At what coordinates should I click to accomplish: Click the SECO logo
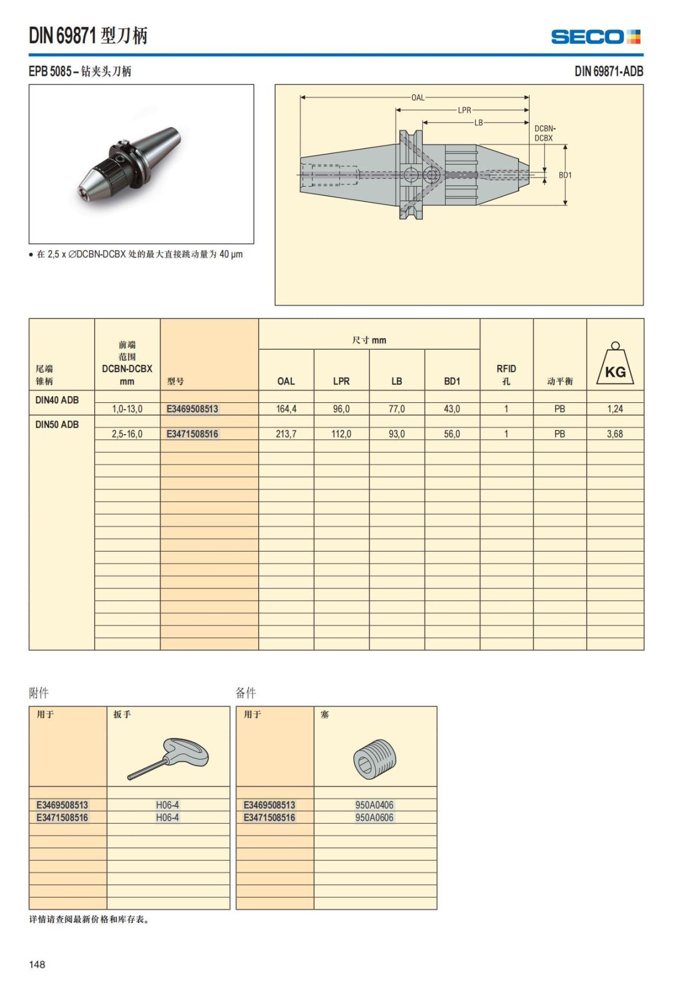tap(595, 37)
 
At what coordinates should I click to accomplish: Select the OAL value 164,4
tap(286, 409)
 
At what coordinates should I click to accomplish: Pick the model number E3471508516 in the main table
tap(192, 434)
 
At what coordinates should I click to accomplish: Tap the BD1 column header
tap(452, 382)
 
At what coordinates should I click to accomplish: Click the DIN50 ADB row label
tap(57, 424)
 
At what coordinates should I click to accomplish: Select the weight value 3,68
tap(614, 434)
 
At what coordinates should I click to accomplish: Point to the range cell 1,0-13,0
tap(127, 409)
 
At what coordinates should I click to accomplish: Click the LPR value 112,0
tap(341, 434)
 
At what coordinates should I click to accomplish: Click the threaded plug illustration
tap(374, 758)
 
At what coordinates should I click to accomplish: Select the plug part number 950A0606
tap(374, 817)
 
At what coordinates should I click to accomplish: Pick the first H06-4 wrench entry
tap(167, 805)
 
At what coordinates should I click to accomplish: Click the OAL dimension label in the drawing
tap(418, 97)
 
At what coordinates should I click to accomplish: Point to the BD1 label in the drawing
tap(565, 175)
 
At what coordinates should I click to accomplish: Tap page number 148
tap(37, 964)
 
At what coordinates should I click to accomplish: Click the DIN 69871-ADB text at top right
tap(609, 71)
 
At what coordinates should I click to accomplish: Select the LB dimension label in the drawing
tap(478, 123)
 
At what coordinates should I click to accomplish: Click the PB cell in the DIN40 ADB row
tap(559, 409)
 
